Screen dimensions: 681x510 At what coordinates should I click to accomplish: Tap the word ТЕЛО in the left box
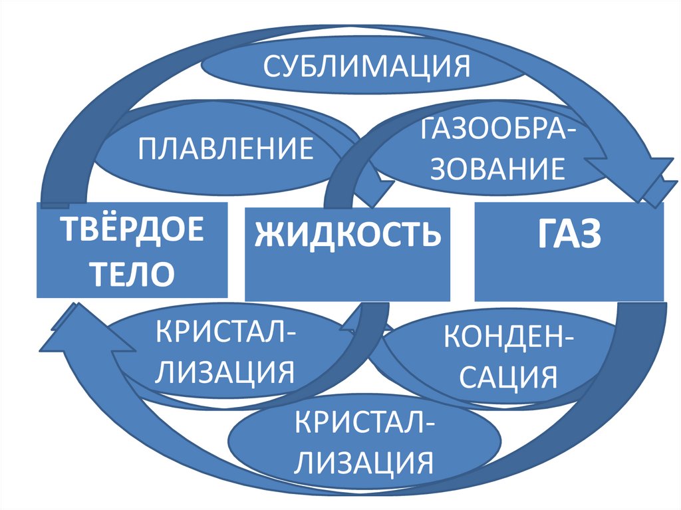(132, 272)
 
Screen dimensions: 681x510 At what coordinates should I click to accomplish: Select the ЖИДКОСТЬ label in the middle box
(348, 235)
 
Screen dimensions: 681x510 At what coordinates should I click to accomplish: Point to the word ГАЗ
(569, 235)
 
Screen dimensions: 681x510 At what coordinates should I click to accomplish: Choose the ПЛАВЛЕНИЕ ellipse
(225, 148)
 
